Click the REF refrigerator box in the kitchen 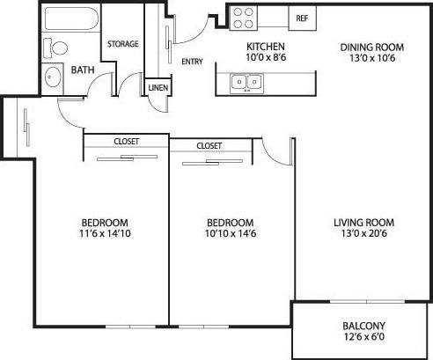302,18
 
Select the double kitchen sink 246,83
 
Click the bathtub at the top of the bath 70,22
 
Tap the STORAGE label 123,44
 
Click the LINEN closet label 158,88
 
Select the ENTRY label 192,62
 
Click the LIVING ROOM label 363,222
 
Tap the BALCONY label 363,323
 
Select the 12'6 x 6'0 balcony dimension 363,335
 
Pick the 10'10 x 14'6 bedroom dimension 230,234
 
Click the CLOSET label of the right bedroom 209,145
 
